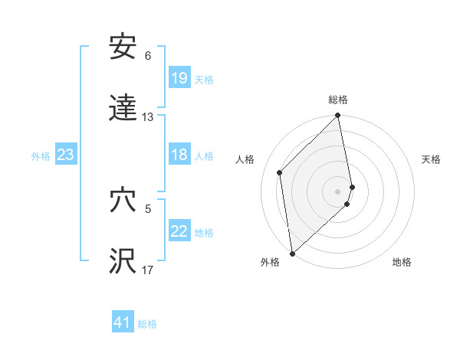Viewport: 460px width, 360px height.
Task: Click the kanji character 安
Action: tap(123, 47)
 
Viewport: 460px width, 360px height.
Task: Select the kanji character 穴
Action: tap(123, 200)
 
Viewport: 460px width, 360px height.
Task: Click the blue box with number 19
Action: tap(179, 78)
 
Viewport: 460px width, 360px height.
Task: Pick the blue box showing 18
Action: tap(179, 155)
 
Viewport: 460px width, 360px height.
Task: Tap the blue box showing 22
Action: tap(179, 231)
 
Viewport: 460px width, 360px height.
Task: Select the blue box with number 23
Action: tap(65, 155)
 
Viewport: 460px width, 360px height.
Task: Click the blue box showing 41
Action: tap(123, 322)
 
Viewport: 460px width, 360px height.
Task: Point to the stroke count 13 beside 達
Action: tap(148, 117)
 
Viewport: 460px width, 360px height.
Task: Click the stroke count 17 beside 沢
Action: tap(148, 270)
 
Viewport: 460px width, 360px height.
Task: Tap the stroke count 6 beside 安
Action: tap(148, 56)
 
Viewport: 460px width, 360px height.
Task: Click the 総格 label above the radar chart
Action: tap(338, 100)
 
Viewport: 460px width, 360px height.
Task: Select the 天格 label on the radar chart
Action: tap(431, 159)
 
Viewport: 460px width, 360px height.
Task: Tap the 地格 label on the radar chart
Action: tap(402, 262)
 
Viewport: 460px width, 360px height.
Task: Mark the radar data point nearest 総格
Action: tap(338, 116)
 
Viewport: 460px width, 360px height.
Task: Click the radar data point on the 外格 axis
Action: tap(292, 253)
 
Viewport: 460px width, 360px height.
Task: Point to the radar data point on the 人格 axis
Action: tap(280, 172)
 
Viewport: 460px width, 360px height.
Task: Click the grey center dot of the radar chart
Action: tap(338, 191)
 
